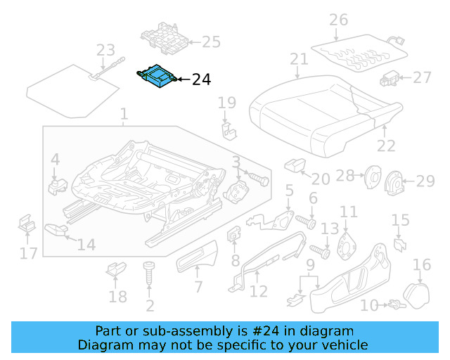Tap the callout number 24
tap(201, 80)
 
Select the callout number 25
tap(211, 42)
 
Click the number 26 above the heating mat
tap(338, 19)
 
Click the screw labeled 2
tap(149, 278)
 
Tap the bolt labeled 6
tap(304, 221)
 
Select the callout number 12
tap(259, 290)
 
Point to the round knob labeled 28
tap(369, 178)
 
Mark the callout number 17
tap(28, 252)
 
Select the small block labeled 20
tap(292, 165)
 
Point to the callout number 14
tap(86, 245)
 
